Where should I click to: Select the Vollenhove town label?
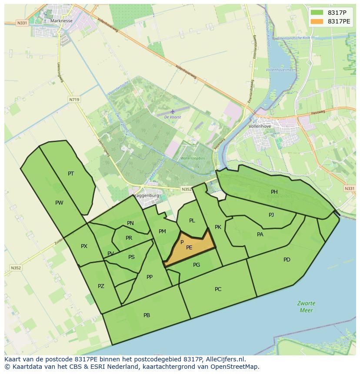(260, 126)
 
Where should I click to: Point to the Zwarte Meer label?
(306, 307)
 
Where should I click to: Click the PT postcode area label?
(71, 174)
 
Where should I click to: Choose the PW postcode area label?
(59, 203)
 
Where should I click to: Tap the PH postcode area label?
(274, 192)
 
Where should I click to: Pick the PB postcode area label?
(147, 315)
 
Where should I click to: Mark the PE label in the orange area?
(189, 248)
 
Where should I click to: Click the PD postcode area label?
(287, 260)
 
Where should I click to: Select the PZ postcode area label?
(101, 286)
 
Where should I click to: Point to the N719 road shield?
(74, 99)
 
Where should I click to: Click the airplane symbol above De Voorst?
(173, 111)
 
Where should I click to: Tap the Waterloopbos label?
(192, 159)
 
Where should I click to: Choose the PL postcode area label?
(192, 221)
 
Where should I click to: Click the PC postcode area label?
(218, 289)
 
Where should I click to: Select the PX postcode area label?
(84, 246)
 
